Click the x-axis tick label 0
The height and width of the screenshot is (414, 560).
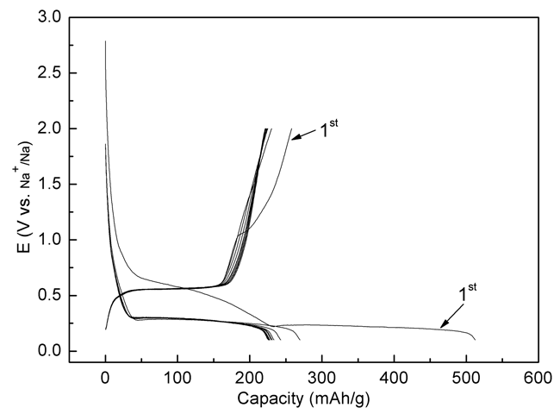point(105,377)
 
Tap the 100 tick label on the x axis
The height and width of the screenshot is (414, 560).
point(177,377)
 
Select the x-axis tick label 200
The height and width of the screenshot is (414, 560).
point(250,377)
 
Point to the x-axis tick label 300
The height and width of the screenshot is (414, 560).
point(321,377)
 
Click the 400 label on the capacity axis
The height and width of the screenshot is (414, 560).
point(394,377)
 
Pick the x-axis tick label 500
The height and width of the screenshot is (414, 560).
point(466,377)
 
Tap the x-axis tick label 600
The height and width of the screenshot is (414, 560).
point(538,377)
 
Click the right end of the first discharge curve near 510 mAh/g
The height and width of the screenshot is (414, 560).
point(475,338)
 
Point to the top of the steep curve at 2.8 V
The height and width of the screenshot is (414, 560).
point(105,41)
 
